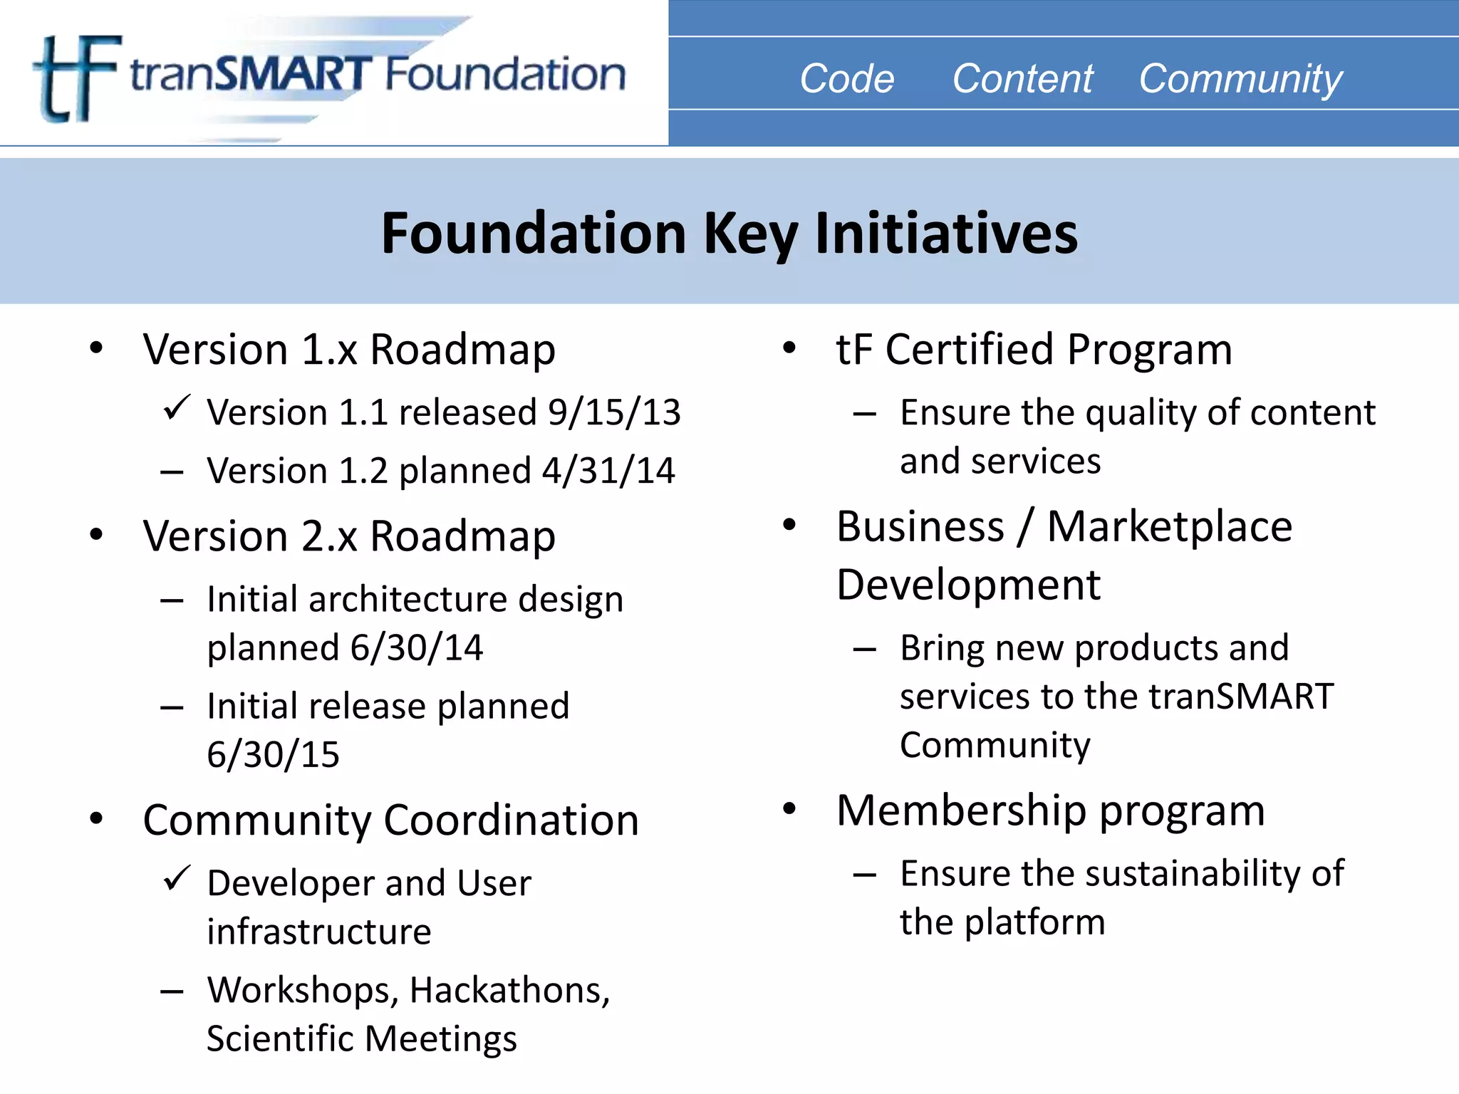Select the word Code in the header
846,78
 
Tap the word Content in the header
1022,78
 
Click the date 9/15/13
614,412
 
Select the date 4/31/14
608,471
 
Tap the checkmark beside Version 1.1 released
176,407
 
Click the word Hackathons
509,990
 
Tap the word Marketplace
1169,527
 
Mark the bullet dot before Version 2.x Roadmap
96,534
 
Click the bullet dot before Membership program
789,809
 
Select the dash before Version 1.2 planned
172,472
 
